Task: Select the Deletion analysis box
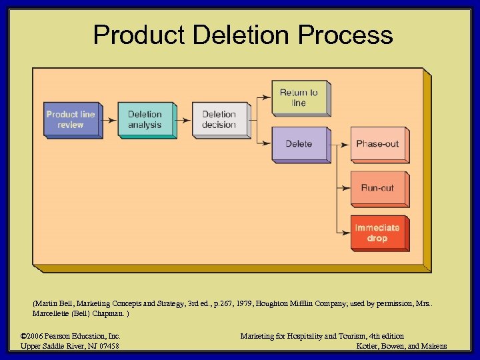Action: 145,119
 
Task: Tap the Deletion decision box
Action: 219,119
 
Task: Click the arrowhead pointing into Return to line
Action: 267,97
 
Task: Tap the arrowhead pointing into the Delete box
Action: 267,143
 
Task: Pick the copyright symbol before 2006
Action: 24,336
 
